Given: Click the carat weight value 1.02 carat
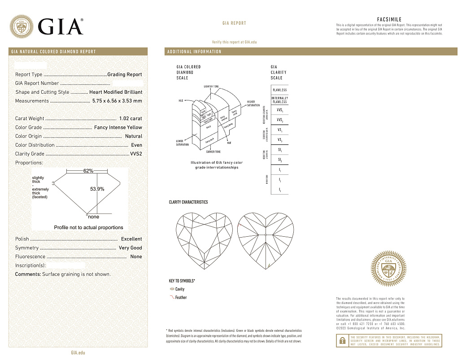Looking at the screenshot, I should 131,119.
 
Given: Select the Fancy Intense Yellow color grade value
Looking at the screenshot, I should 118,127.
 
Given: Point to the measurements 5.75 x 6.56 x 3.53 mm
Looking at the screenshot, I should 117,101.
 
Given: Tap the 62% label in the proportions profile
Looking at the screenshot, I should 88,171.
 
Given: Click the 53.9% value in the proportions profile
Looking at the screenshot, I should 97,189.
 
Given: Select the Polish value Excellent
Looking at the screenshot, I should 131,239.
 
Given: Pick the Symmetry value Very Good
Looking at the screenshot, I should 130,248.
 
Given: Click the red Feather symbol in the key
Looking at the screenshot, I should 172,297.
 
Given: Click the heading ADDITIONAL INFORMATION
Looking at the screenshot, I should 194,52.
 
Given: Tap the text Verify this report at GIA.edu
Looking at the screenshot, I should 234,42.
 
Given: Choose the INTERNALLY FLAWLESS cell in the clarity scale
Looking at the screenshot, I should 279,100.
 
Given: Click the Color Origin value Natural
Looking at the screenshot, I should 133,136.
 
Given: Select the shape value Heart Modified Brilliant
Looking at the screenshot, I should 116,92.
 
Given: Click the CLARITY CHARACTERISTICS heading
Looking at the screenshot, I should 188,202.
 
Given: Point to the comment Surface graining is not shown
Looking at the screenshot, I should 76,274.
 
